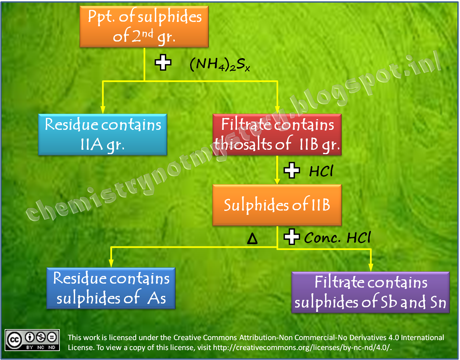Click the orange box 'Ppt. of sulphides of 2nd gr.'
(x=144, y=27)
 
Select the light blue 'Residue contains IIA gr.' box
(x=102, y=135)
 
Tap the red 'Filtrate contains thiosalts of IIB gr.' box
(x=277, y=135)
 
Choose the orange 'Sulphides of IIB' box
(x=277, y=205)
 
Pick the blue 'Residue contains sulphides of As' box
(x=111, y=288)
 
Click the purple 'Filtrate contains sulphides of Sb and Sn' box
(x=370, y=292)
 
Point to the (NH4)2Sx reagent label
(x=220, y=64)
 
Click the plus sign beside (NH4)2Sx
(x=163, y=62)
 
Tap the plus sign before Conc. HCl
(x=291, y=237)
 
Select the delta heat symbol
(x=252, y=238)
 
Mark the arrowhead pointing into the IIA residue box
(x=103, y=110)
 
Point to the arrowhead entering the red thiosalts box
(x=277, y=110)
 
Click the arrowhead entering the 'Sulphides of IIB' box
(x=277, y=181)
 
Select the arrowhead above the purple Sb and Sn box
(x=371, y=267)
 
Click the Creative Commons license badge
(x=32, y=340)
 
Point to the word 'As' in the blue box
(x=157, y=298)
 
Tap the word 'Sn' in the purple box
(x=438, y=302)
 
